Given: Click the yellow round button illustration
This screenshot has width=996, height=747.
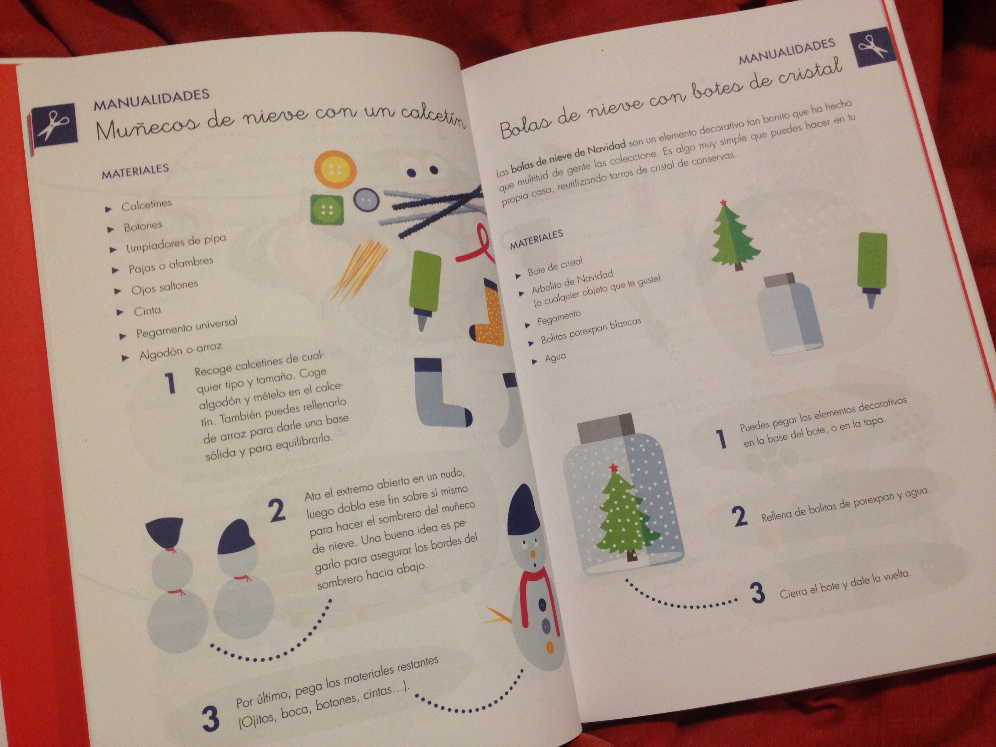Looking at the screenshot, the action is pyautogui.click(x=335, y=171).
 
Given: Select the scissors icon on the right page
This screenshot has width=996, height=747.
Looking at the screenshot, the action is pyautogui.click(x=870, y=46).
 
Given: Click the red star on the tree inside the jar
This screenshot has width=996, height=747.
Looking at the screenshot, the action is pyautogui.click(x=613, y=467).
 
